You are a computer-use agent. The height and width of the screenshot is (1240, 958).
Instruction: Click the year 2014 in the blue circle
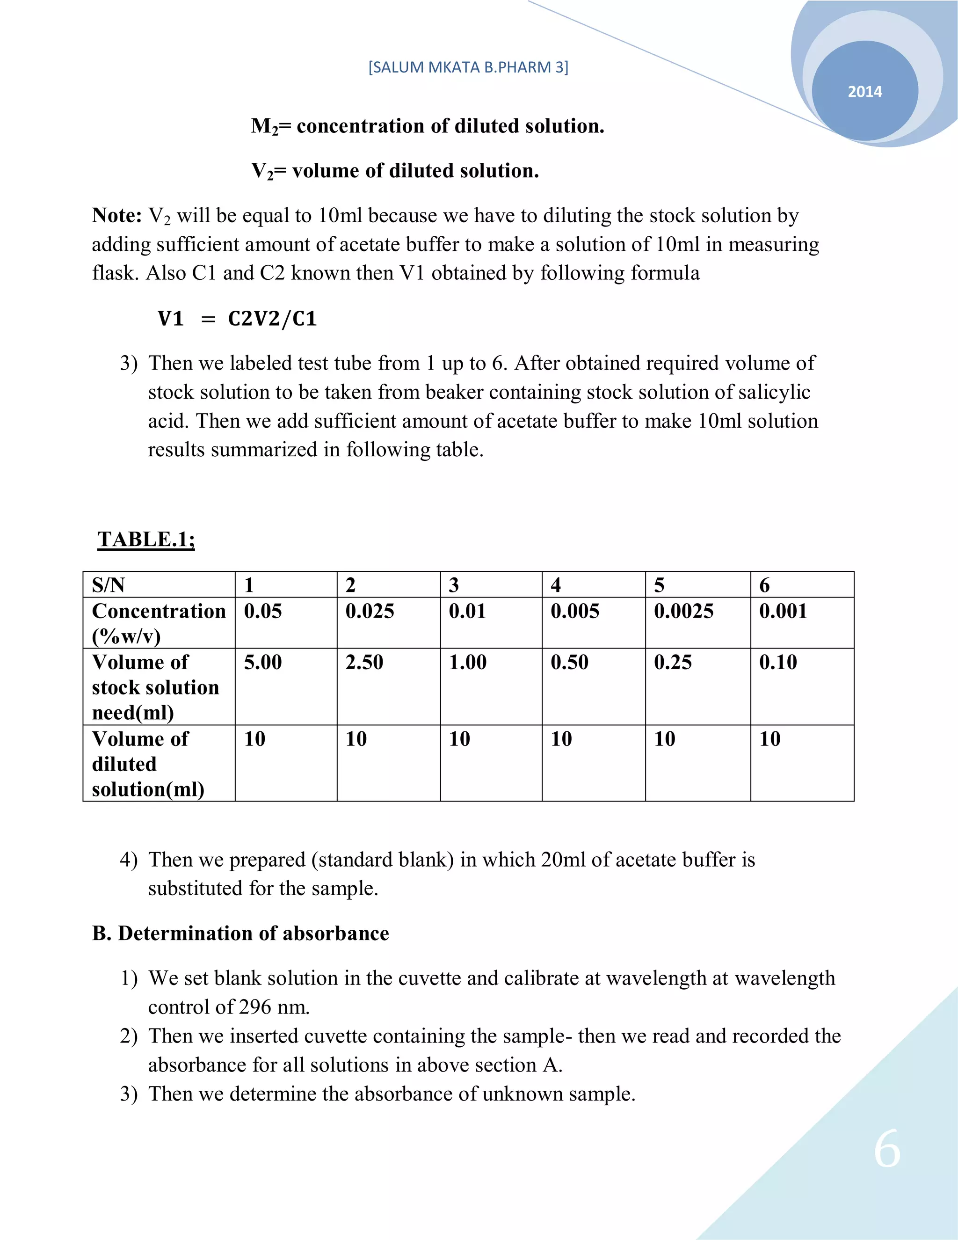864,91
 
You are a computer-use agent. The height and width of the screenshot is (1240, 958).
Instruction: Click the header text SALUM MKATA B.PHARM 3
468,67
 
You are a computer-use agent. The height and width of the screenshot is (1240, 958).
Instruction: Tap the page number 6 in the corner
887,1149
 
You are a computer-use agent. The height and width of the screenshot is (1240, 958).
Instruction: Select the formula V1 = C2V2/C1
237,319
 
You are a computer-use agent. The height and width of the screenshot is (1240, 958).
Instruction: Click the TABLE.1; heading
146,539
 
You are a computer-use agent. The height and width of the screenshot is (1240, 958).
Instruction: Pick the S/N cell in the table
109,585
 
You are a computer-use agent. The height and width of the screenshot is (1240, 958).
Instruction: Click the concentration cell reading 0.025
370,611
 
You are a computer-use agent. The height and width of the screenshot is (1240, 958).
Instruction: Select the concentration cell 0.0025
683,611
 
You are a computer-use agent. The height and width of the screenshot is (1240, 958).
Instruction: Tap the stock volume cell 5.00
263,662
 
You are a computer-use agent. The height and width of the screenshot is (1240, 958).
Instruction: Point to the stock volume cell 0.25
673,662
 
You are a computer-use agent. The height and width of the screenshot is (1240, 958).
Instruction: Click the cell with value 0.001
783,611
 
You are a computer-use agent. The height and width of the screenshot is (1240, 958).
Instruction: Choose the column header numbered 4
556,585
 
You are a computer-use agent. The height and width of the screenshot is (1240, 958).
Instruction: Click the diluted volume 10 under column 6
769,739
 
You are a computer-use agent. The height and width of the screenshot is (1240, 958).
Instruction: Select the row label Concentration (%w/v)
159,623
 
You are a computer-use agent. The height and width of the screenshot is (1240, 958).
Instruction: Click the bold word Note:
117,216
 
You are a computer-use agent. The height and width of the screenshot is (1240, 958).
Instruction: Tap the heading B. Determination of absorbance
240,934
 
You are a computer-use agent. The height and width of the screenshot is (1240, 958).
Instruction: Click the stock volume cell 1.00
468,662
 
